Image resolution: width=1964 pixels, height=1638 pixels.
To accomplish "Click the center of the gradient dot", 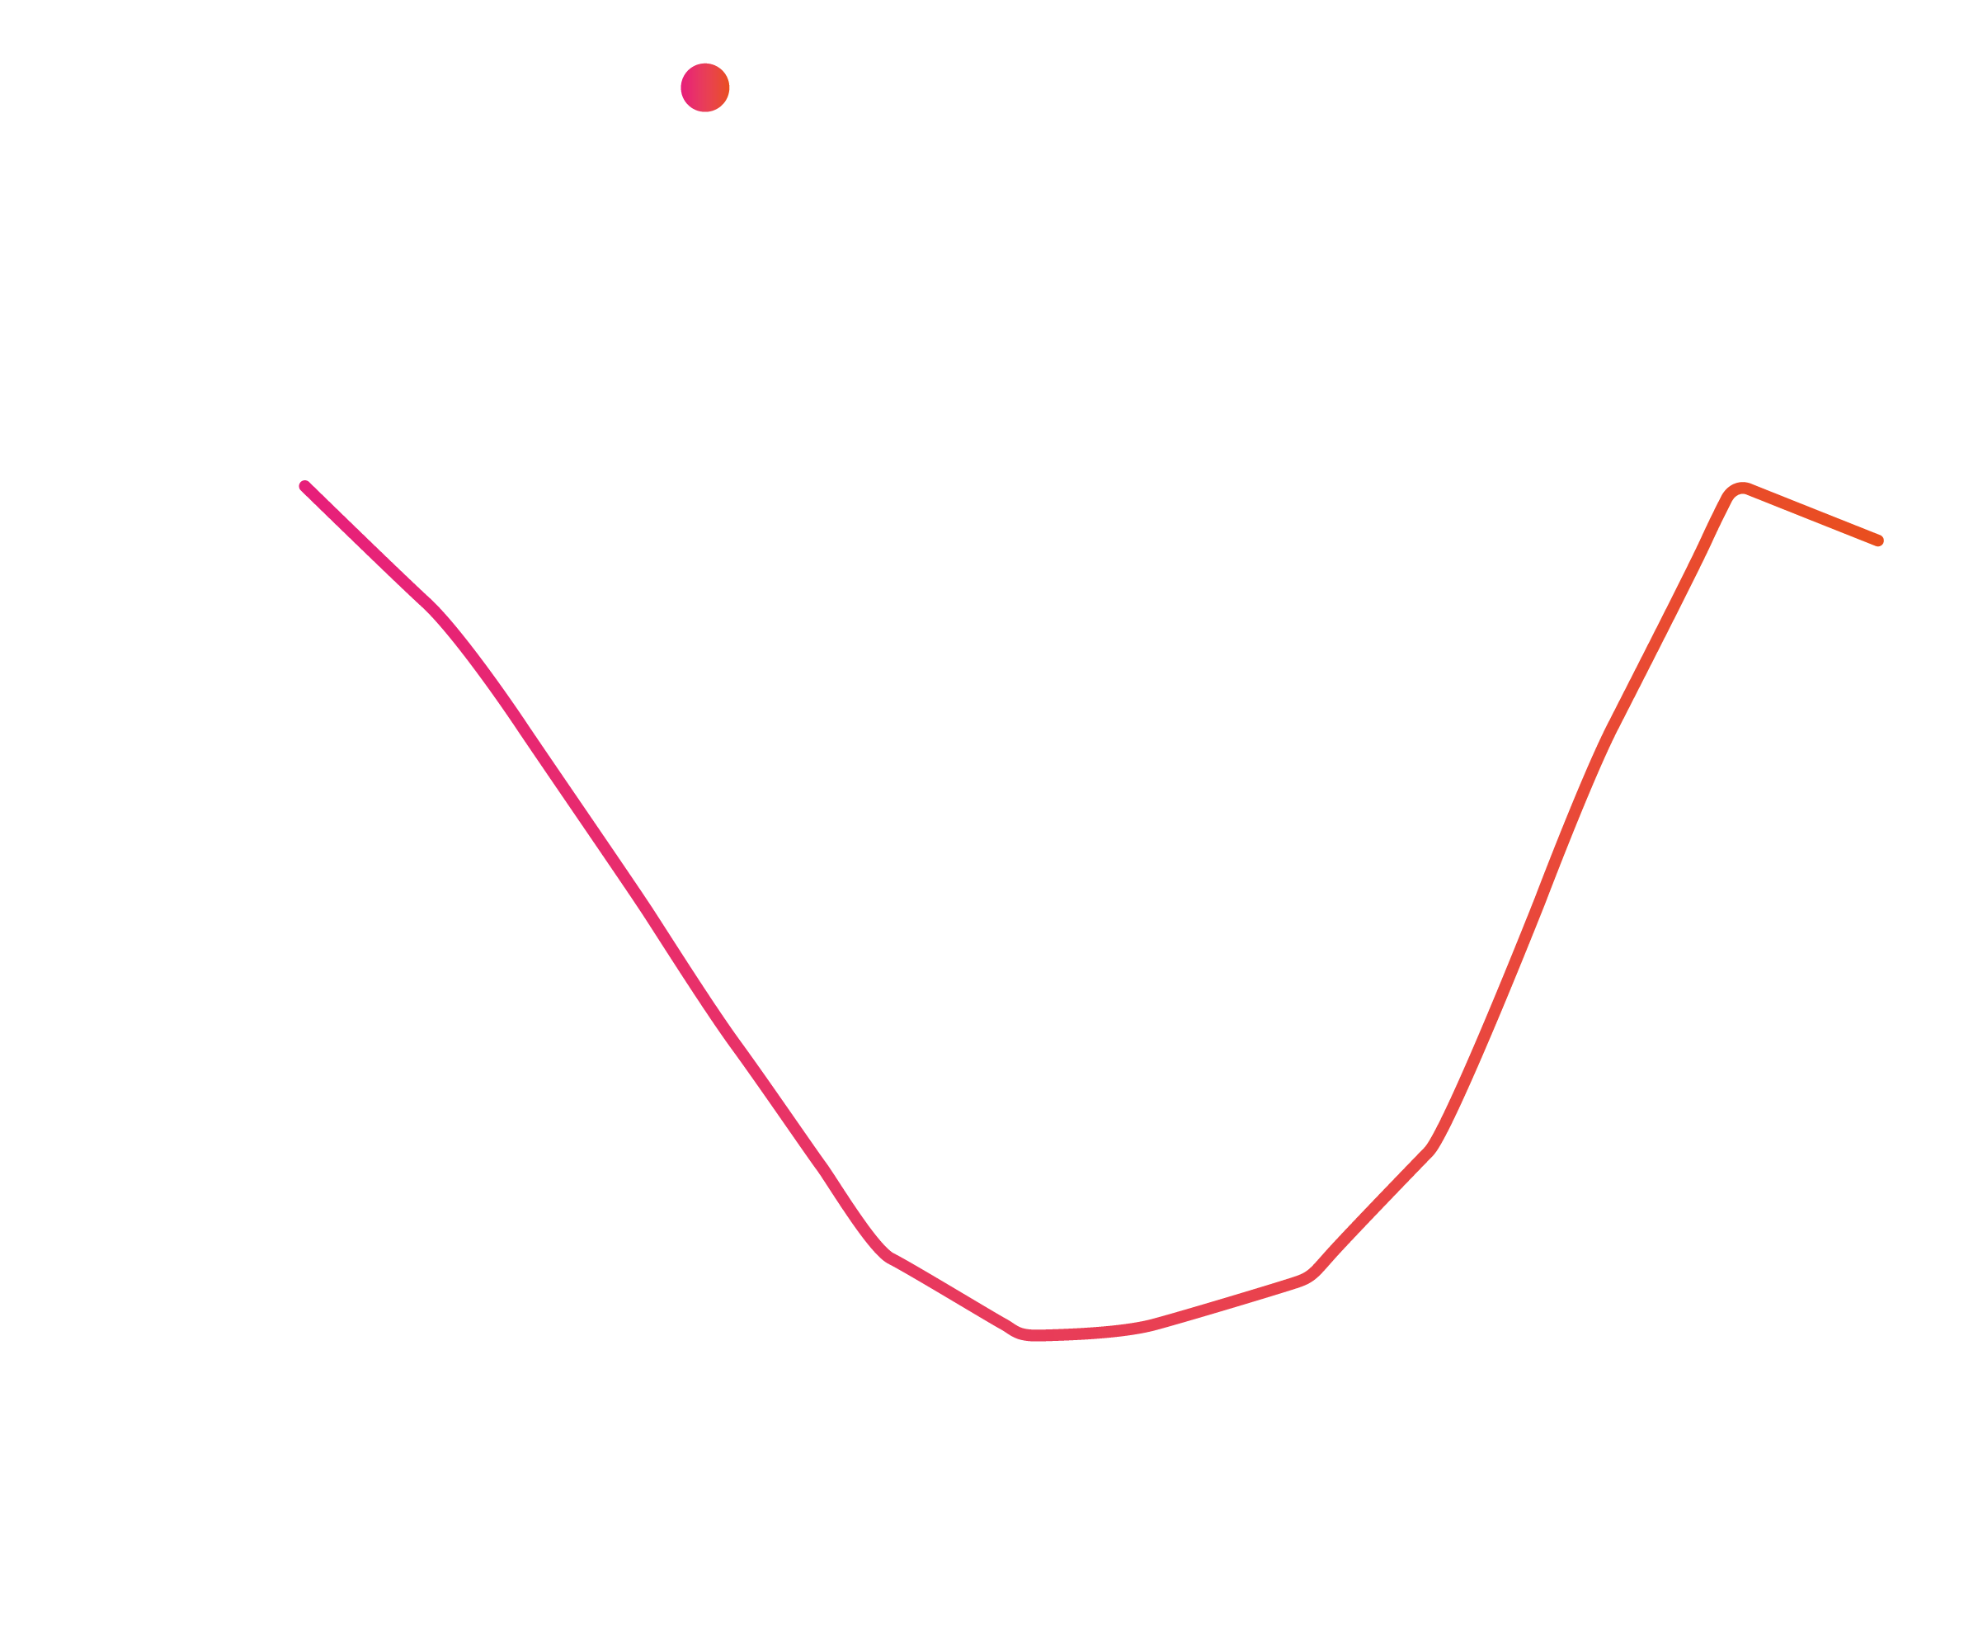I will (x=705, y=88).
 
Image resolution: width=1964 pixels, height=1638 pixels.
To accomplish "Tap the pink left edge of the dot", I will (x=682, y=88).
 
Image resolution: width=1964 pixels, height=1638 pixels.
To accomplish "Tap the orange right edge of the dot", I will (x=728, y=88).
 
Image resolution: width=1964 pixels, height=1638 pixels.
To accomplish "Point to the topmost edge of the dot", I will (x=705, y=64).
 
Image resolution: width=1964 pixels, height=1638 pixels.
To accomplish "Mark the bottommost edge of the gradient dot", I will (x=705, y=112).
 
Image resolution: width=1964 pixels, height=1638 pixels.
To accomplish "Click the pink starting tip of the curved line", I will (x=304, y=485).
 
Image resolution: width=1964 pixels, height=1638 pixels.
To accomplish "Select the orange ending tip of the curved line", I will (x=1878, y=540).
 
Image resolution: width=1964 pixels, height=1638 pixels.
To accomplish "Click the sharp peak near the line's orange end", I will (x=1740, y=489).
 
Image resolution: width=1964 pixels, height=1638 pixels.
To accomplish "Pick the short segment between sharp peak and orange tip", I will (x=1810, y=515).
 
